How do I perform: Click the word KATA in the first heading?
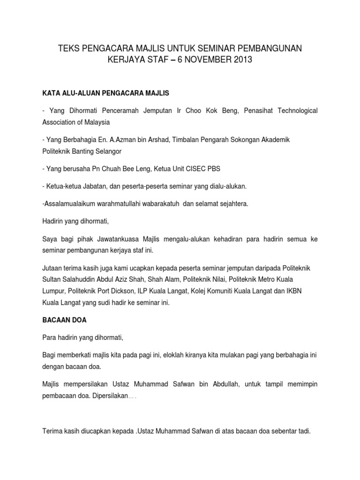[x=51, y=93]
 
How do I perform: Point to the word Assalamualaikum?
[x=70, y=204]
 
